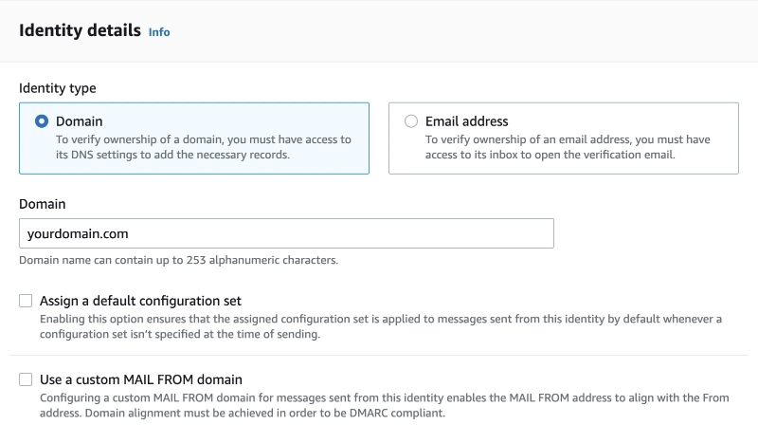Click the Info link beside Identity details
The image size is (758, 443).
pos(159,32)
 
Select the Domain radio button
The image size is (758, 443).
pos(42,121)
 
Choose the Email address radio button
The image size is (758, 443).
pos(411,121)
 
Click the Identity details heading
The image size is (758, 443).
pos(80,30)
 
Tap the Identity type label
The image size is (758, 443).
pos(58,88)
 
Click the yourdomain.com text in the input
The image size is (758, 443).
pos(78,234)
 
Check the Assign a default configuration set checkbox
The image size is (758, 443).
pos(26,301)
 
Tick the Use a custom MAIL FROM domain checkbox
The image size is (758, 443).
pos(26,379)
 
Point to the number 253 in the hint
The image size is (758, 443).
pos(196,260)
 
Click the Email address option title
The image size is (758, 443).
pos(466,121)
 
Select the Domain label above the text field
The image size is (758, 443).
pos(42,204)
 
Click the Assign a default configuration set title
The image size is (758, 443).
pos(140,301)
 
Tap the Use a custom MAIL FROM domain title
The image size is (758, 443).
pos(140,379)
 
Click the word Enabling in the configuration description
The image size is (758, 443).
pos(60,319)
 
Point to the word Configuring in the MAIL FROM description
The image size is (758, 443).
pos(69,398)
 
